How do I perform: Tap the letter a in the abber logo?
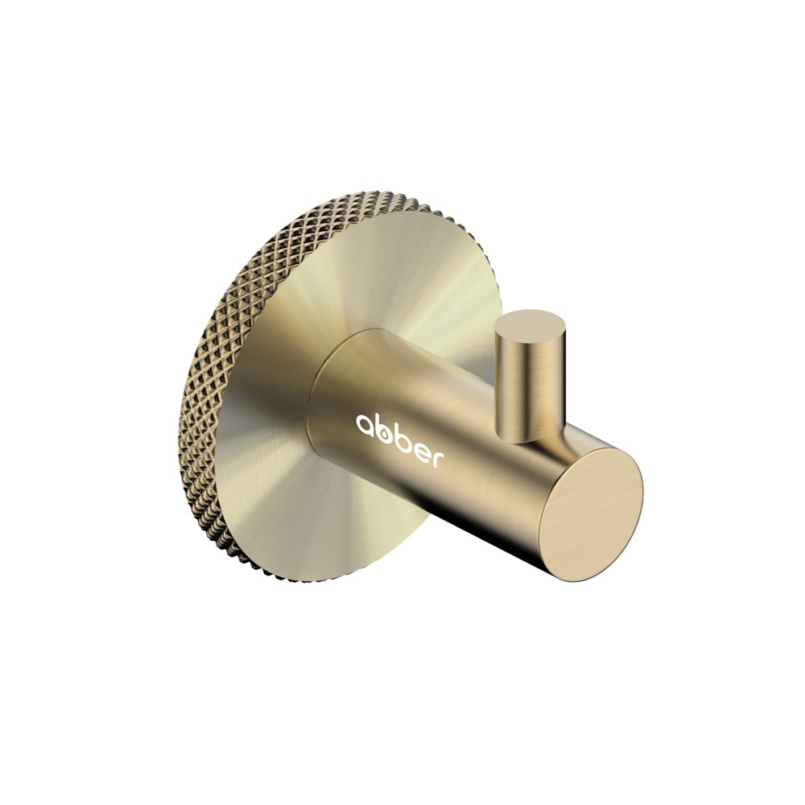pyautogui.click(x=365, y=424)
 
